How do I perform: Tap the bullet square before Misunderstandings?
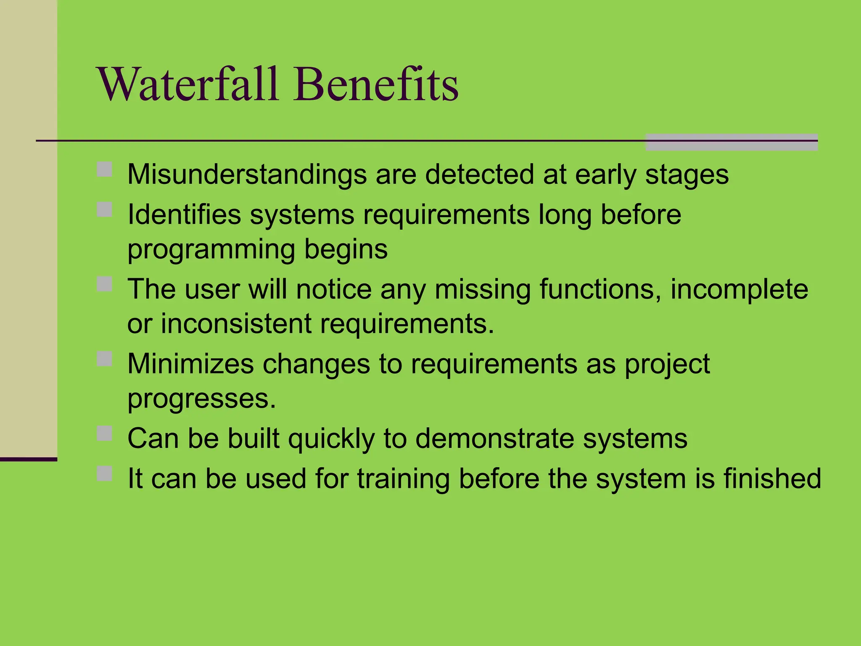[104, 169]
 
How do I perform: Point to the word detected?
[479, 175]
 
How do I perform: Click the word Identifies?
[184, 214]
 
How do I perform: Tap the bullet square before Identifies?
[104, 209]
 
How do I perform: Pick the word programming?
[211, 250]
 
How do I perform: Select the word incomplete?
[739, 289]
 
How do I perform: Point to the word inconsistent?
[236, 324]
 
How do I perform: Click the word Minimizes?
[190, 364]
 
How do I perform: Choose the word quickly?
[331, 439]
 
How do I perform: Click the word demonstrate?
[494, 439]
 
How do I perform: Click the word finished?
[772, 479]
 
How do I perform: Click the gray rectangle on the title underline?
[732, 142]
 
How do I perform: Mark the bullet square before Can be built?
[104, 433]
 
